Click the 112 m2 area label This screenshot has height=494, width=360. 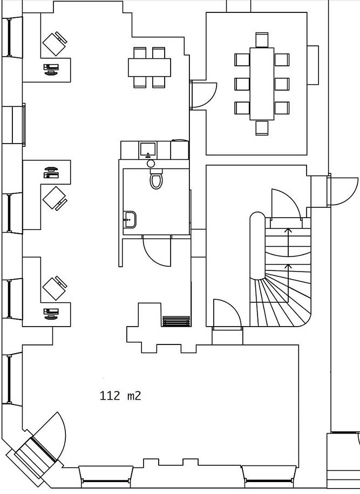[x=120, y=395]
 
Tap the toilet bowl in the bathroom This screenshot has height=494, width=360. [x=156, y=179]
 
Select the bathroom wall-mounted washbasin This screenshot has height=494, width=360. [x=130, y=219]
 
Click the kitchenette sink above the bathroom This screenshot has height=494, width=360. [x=148, y=150]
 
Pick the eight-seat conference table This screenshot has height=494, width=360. [x=262, y=84]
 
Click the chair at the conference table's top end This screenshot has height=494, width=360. [x=262, y=40]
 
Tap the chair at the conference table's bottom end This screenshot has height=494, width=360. [x=262, y=127]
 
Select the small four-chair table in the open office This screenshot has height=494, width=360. [x=150, y=67]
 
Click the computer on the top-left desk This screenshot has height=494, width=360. [x=51, y=69]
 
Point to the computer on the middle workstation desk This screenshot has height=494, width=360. [x=51, y=173]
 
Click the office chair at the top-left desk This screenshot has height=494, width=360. [x=55, y=44]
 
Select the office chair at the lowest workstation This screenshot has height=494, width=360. [x=55, y=288]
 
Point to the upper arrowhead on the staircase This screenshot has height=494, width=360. [x=288, y=230]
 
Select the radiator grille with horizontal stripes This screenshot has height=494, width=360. [x=176, y=321]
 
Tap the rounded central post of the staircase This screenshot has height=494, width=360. [x=257, y=246]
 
